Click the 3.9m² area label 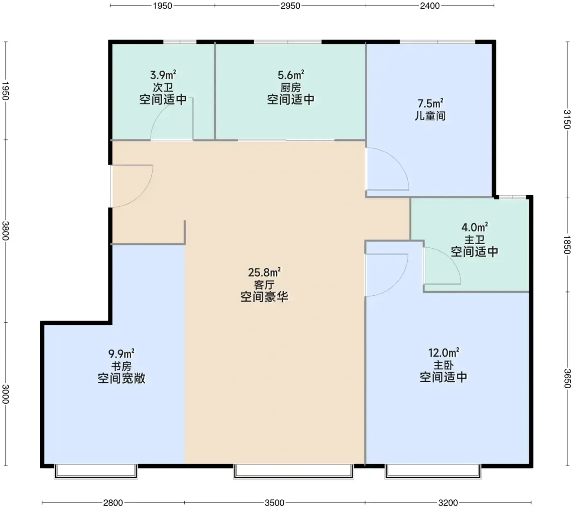(163, 75)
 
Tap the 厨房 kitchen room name (291, 88)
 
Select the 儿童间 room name (430, 116)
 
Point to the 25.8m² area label (264, 272)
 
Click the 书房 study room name (121, 366)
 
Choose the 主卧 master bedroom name (443, 365)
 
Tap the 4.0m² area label (474, 227)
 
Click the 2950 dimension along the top (290, 6)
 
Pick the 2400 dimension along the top (430, 6)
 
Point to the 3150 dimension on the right (567, 119)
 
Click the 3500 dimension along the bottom (274, 503)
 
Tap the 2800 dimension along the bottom (113, 503)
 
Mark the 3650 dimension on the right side (567, 378)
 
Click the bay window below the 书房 (96, 471)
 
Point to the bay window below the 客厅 (293, 471)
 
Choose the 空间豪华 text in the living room (264, 297)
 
